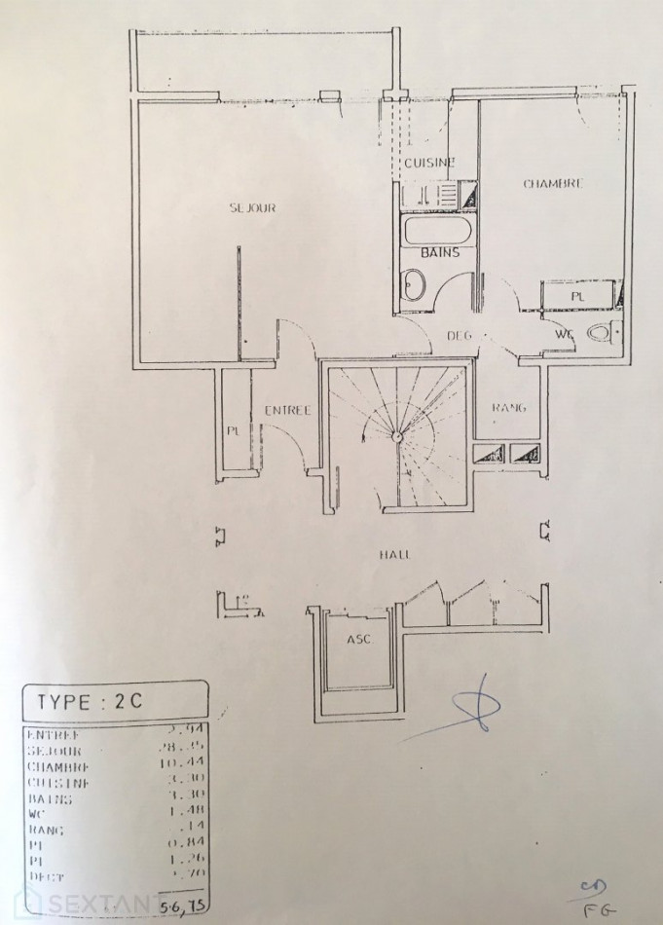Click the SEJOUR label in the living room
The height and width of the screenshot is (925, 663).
click(253, 208)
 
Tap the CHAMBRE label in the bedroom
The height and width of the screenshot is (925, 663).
click(553, 183)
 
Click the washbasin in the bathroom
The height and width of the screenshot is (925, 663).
click(413, 286)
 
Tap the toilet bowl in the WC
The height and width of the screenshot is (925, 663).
click(601, 334)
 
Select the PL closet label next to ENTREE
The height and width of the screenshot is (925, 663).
click(234, 429)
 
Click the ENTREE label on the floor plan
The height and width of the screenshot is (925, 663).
click(288, 411)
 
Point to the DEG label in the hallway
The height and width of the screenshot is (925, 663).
click(459, 336)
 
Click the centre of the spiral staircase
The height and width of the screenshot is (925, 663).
click(396, 435)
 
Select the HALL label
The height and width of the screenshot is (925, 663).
click(394, 554)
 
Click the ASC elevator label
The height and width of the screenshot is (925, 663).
click(357, 640)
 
